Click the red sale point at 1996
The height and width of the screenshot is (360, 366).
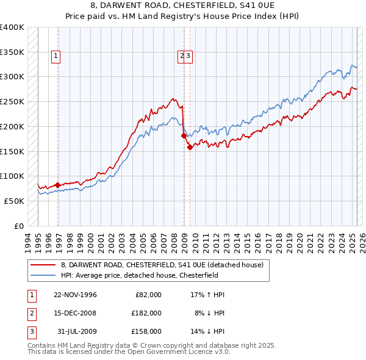57,184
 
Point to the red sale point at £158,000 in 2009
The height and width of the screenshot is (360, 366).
190,146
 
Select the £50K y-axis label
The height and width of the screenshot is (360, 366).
14,201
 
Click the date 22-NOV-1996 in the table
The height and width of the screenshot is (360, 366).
75,295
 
